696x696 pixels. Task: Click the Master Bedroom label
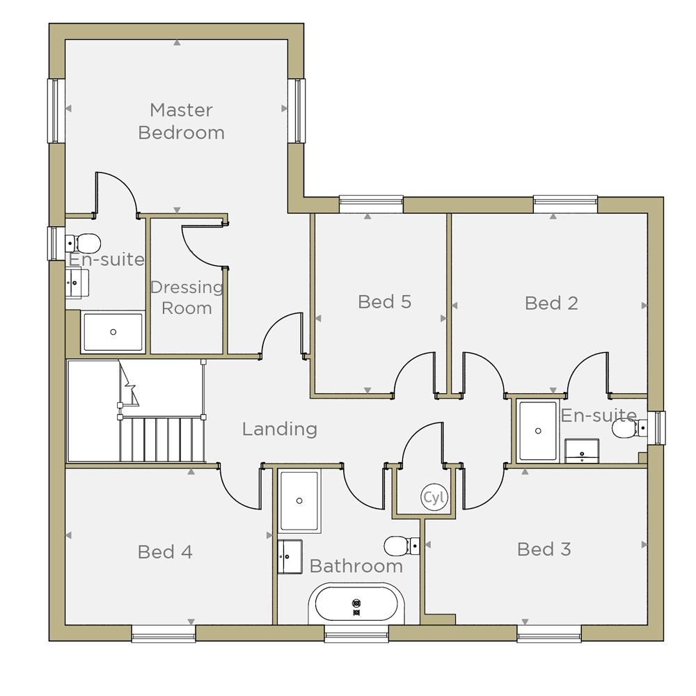(x=181, y=121)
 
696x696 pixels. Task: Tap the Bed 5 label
(x=384, y=302)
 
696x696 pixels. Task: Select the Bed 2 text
(x=551, y=303)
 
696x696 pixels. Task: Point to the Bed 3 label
(x=544, y=549)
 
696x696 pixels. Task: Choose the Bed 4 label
(x=165, y=552)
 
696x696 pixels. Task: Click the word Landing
(x=280, y=429)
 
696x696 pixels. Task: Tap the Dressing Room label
(x=187, y=297)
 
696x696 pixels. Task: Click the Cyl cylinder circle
(x=434, y=497)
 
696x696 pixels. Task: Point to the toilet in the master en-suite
(x=83, y=244)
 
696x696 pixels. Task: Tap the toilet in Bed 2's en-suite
(x=629, y=428)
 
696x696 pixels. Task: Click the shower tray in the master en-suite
(x=113, y=332)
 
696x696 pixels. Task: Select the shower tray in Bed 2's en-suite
(x=538, y=431)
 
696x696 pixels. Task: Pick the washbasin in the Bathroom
(x=290, y=557)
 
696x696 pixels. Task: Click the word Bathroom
(x=356, y=566)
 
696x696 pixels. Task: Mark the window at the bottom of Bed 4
(x=164, y=633)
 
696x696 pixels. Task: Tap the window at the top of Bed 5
(x=371, y=204)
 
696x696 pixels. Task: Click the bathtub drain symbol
(x=356, y=607)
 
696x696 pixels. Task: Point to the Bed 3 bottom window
(x=549, y=633)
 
